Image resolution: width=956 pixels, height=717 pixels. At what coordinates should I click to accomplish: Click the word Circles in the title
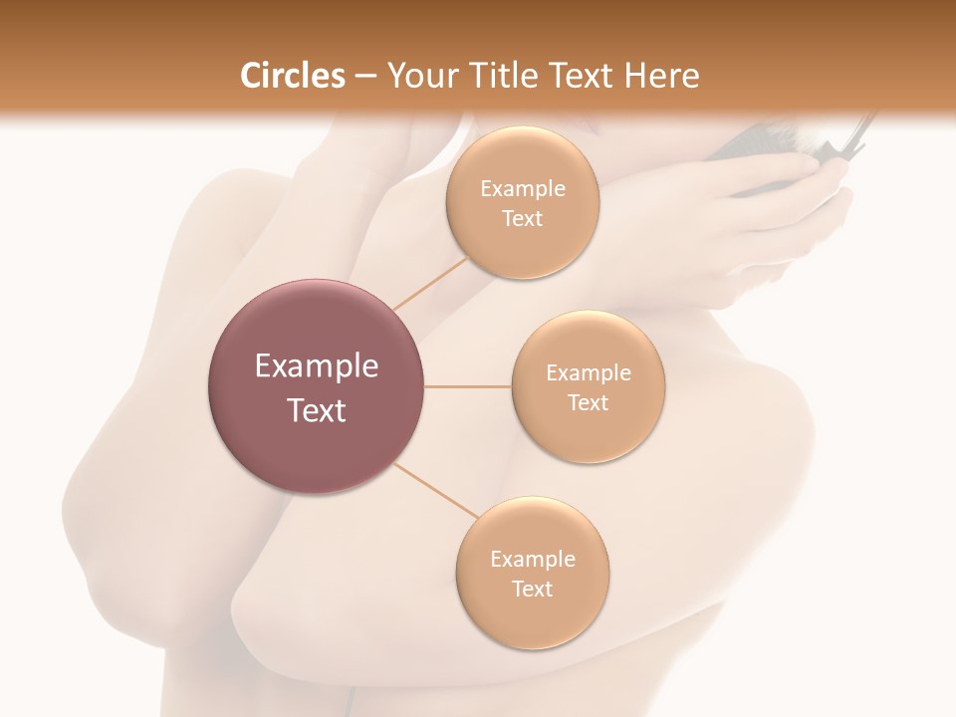(292, 76)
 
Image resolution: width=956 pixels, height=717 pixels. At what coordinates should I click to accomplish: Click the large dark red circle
(316, 386)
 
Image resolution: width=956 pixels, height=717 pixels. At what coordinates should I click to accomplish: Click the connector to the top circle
(430, 283)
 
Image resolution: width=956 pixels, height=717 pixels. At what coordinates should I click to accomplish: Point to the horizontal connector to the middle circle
(467, 386)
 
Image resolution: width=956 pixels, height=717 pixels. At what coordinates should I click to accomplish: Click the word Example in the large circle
(316, 366)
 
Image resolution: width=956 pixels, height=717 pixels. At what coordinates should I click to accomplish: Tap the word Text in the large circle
(316, 410)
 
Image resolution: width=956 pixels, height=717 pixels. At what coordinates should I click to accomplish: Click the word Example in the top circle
(522, 189)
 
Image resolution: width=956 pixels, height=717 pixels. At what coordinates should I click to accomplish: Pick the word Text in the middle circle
(588, 402)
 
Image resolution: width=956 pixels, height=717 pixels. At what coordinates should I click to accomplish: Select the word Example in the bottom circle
(532, 560)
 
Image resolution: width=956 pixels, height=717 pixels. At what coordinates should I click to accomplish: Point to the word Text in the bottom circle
(532, 589)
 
